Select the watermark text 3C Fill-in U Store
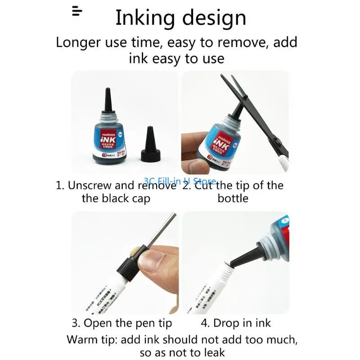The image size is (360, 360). tap(180, 180)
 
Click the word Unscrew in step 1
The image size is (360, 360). tap(94, 185)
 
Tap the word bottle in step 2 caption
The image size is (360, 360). tap(233, 198)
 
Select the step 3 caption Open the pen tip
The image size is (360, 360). tap(121, 323)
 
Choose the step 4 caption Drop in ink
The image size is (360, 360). tap(236, 323)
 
